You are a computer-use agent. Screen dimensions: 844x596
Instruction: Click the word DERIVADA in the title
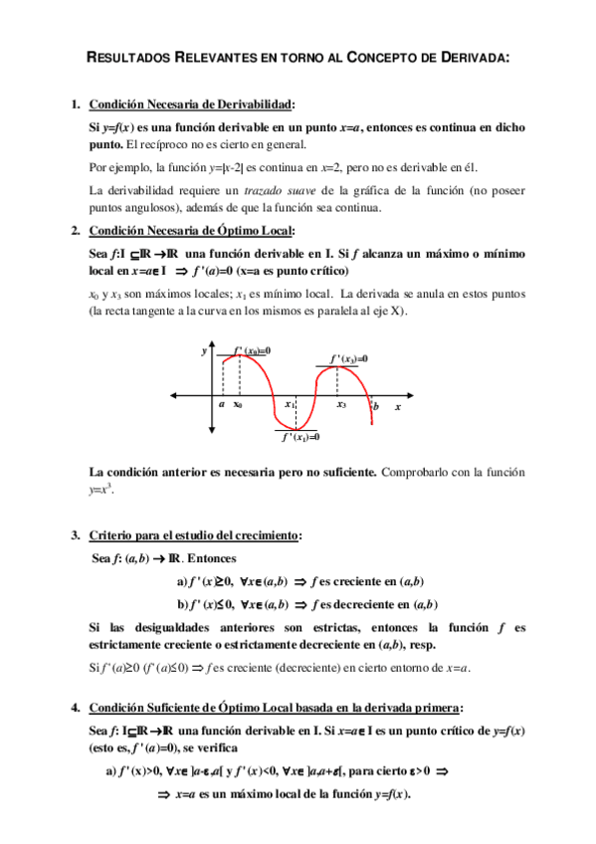(471, 58)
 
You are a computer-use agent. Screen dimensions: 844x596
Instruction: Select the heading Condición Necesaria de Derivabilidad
(191, 105)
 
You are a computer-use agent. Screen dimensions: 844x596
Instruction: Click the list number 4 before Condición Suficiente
(75, 708)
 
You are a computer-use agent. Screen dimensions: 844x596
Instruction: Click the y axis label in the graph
(204, 351)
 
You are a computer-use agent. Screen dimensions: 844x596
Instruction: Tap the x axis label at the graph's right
(397, 407)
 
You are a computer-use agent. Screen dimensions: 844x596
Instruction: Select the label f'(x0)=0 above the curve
(251, 351)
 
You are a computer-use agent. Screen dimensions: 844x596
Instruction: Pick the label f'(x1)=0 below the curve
(299, 436)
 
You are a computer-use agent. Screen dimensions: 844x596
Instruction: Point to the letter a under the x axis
(222, 405)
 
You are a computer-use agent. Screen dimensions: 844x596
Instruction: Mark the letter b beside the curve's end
(376, 407)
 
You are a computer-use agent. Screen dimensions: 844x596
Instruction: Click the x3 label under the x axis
(341, 405)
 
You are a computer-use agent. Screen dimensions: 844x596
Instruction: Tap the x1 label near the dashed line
(289, 405)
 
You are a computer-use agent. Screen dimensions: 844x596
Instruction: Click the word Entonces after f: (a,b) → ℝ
(212, 558)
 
